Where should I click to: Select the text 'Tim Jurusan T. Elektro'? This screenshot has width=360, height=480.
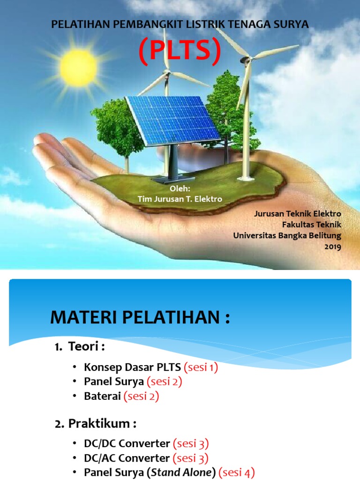pyautogui.click(x=180, y=199)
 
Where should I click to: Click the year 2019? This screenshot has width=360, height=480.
pyautogui.click(x=333, y=247)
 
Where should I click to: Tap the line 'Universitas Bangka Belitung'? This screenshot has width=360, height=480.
pyautogui.click(x=287, y=235)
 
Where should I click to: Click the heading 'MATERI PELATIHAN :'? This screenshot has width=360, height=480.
pyautogui.click(x=140, y=318)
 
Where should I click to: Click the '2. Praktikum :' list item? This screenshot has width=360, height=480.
pyautogui.click(x=95, y=424)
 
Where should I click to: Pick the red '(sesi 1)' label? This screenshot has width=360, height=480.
pyautogui.click(x=201, y=367)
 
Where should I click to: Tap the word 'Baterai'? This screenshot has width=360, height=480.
pyautogui.click(x=102, y=397)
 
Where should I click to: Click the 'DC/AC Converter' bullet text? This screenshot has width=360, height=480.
pyautogui.click(x=127, y=458)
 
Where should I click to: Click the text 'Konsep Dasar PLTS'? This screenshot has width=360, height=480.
pyautogui.click(x=133, y=367)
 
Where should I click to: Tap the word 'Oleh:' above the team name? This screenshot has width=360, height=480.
pyautogui.click(x=180, y=189)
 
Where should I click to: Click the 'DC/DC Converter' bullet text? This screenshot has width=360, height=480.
pyautogui.click(x=127, y=443)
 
